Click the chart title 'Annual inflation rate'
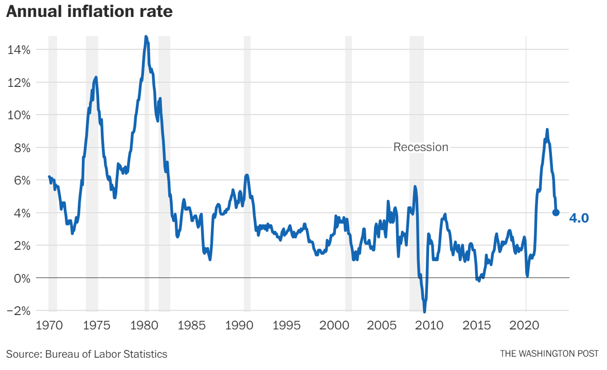point(90,12)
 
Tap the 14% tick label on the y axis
point(19,50)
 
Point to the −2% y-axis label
point(19,311)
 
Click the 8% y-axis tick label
point(21,147)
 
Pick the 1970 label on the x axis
point(49,325)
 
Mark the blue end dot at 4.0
point(556,213)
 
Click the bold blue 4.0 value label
point(579,218)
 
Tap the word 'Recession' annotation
point(421,147)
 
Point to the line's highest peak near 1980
point(146,37)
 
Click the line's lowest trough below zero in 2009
point(425,311)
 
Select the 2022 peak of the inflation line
point(547,129)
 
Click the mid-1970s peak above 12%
point(96,77)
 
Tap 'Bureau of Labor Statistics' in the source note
point(106,354)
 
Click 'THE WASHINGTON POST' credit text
point(549,354)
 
